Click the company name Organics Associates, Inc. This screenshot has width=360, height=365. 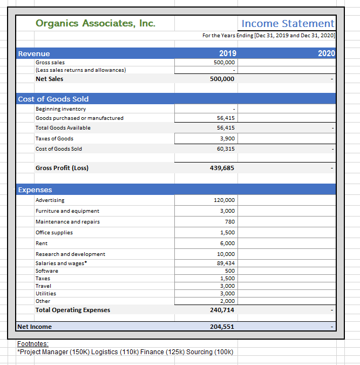(x=95, y=23)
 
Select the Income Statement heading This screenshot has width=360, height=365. (x=288, y=23)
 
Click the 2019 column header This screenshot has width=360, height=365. (x=227, y=53)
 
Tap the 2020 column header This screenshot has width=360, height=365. (x=327, y=53)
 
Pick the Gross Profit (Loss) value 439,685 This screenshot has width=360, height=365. (x=221, y=168)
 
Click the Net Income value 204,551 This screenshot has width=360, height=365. (x=221, y=327)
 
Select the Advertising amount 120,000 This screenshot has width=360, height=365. (x=224, y=200)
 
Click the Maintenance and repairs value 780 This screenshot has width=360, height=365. (x=229, y=222)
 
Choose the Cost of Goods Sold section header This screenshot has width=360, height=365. (x=53, y=99)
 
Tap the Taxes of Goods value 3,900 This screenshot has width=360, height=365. (x=226, y=139)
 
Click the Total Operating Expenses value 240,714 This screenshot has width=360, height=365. (x=221, y=310)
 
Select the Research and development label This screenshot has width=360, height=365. (x=70, y=254)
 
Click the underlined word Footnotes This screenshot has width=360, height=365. (x=33, y=343)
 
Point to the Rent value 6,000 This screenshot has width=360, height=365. (x=227, y=244)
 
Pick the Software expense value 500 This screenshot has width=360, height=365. (x=229, y=271)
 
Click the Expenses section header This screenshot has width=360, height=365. (x=35, y=190)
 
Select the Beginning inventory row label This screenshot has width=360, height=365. (x=60, y=109)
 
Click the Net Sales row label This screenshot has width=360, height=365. (x=49, y=79)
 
